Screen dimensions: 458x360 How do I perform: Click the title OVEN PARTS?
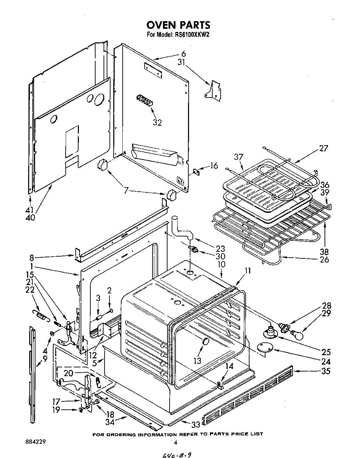pos(178,25)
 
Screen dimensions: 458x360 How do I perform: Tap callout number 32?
pos(157,123)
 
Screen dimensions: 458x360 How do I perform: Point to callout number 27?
pos(324,149)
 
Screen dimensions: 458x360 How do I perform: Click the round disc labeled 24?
pos(264,348)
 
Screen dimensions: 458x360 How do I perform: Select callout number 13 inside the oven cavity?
pos(197,360)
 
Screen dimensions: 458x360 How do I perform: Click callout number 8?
pos(32,258)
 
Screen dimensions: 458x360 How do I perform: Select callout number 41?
pos(31,210)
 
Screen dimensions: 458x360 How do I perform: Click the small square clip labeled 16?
pos(196,171)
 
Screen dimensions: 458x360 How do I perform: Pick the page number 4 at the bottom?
pos(176,442)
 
